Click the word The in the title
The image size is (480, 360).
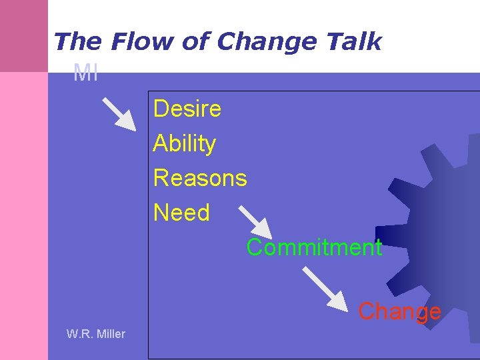point(77,41)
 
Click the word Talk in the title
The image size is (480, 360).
point(353,41)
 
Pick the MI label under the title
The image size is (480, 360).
point(86,73)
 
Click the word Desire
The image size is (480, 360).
point(187,109)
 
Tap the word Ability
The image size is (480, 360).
point(185,143)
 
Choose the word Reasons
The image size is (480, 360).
point(200,178)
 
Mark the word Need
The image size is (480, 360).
point(181,213)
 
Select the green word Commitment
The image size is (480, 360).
point(314,247)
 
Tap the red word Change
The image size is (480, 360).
point(399,311)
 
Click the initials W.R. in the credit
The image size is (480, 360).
point(79,334)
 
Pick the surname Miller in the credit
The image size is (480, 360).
point(110,334)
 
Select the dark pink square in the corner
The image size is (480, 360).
point(24,35)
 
